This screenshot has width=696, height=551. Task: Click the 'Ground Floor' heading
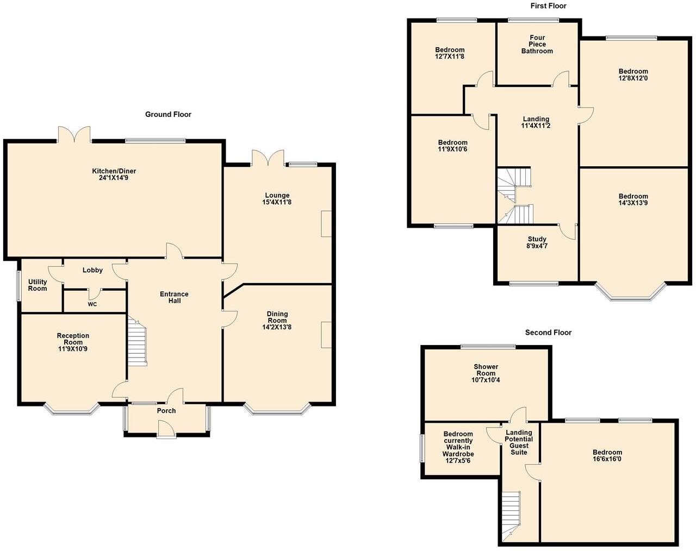(x=168, y=114)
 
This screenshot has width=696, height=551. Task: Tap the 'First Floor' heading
(x=548, y=6)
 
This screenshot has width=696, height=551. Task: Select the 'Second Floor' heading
(x=548, y=333)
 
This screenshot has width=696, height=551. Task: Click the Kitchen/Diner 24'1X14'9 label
(x=114, y=174)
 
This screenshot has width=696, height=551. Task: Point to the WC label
(x=92, y=304)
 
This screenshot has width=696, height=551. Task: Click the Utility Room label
(x=38, y=285)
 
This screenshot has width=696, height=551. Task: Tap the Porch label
(x=166, y=411)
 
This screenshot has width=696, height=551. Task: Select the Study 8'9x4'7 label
(x=537, y=242)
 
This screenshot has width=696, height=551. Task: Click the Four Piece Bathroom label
(x=537, y=45)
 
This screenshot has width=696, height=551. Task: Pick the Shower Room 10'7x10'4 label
(x=486, y=373)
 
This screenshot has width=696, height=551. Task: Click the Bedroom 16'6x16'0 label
(x=607, y=456)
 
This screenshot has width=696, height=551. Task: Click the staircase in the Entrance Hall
(x=137, y=342)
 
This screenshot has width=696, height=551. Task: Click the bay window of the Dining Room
(x=277, y=409)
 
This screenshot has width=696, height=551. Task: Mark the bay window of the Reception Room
(x=71, y=409)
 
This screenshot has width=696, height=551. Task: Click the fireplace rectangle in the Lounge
(x=326, y=223)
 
